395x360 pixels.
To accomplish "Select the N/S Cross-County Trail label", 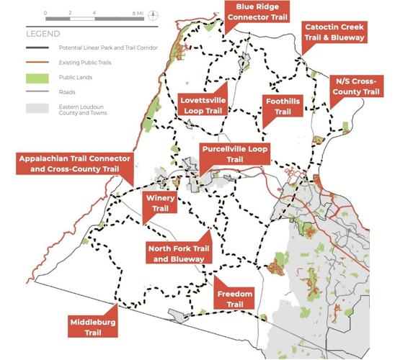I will click(356, 86).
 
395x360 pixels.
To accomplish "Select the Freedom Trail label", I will click(235, 299).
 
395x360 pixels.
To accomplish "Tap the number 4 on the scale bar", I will click(95, 14).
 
